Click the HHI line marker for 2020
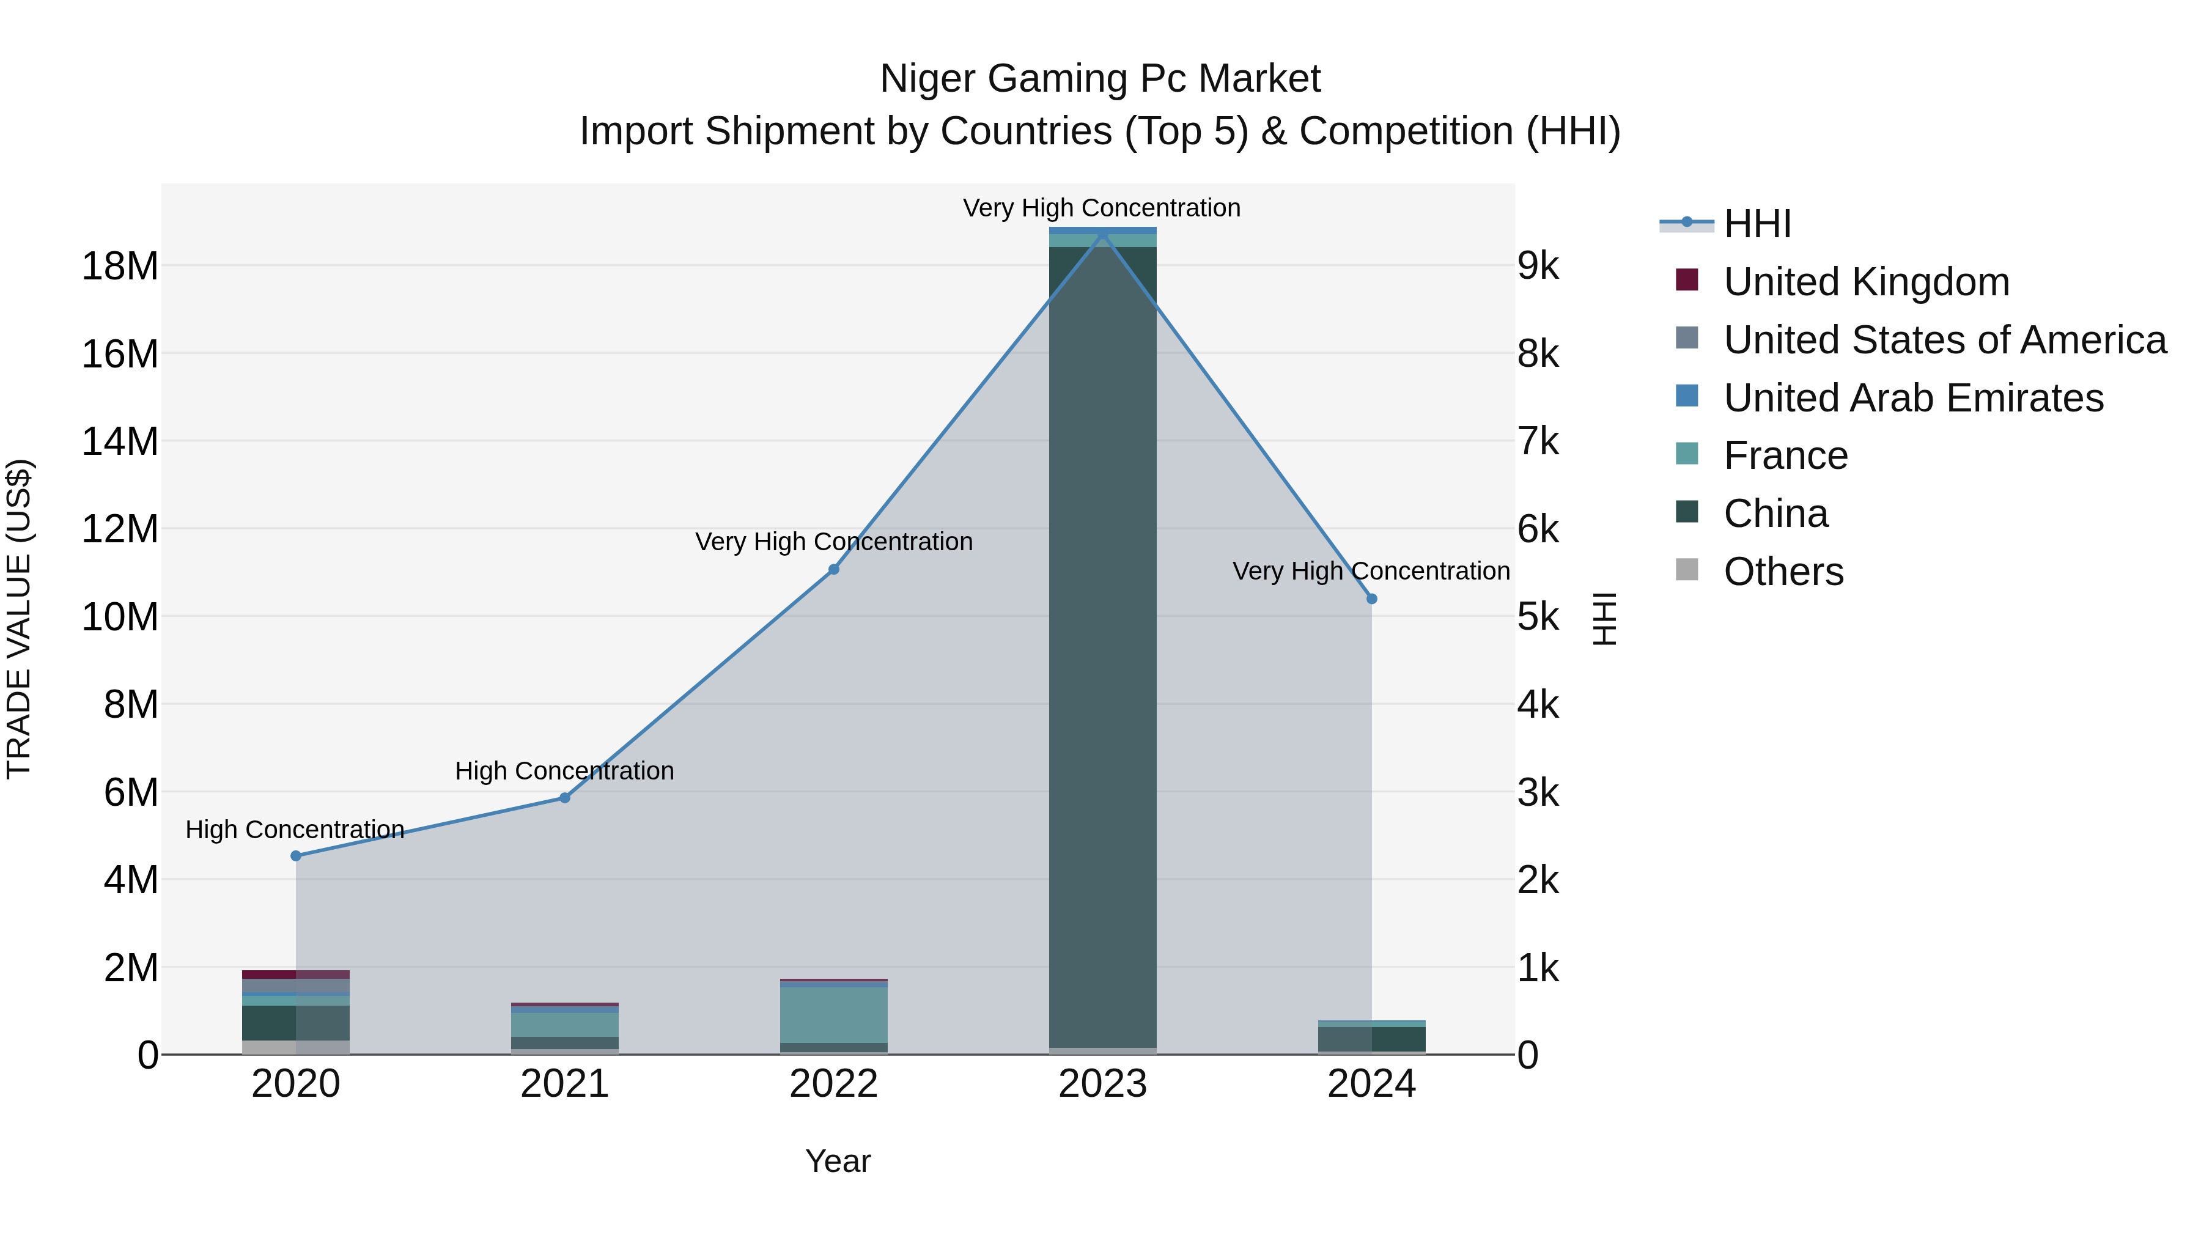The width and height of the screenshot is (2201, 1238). [x=296, y=855]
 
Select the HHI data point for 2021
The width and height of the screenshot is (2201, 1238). [x=565, y=797]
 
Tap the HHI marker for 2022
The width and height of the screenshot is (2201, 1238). [x=834, y=569]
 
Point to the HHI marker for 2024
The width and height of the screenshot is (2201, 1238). [x=1372, y=599]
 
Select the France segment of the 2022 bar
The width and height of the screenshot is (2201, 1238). [x=834, y=1014]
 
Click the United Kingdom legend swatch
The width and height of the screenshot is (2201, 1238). [x=1687, y=280]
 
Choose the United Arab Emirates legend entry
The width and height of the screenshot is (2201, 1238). [x=1913, y=398]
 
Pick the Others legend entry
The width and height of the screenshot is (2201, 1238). [x=1783, y=572]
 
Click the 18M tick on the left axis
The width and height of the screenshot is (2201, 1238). [x=120, y=267]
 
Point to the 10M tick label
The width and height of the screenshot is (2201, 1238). [x=120, y=617]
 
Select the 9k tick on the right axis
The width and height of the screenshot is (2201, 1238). [x=1538, y=267]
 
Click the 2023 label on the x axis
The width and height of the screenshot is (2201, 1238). [x=1102, y=1084]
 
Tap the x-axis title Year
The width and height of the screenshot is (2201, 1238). [x=838, y=1161]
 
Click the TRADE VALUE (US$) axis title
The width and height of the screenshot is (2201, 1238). [x=19, y=619]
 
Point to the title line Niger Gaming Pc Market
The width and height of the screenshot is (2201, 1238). [x=1100, y=79]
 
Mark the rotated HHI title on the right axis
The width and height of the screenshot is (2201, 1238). [x=1606, y=619]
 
